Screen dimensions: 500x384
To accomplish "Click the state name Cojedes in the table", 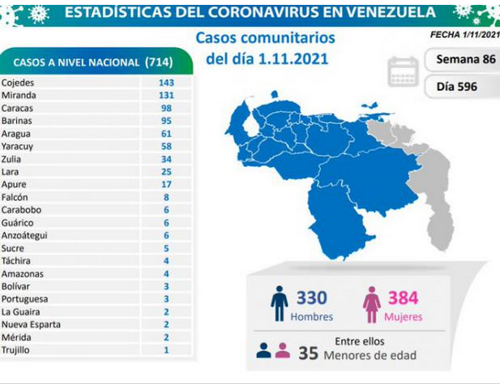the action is pos(18,83).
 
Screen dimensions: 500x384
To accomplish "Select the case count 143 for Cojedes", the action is pos(166,83).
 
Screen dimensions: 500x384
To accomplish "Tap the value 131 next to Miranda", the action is pos(166,96).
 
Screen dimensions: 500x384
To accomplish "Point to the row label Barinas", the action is pos(16,121).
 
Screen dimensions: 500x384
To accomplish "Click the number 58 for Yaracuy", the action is pos(166,147).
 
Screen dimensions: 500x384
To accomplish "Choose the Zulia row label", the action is pos(11,159).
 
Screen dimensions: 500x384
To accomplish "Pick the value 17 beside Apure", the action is pos(166,184).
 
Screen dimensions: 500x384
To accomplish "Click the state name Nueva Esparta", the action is pos(31,324).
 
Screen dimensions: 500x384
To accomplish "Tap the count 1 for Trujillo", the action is pos(166,350).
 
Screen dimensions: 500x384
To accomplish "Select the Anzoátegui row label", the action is pos(24,235).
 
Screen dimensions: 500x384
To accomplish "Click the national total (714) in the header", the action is pos(159,62).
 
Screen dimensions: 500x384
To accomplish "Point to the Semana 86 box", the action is pos(466,59).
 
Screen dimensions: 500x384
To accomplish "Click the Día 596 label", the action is pos(456,87).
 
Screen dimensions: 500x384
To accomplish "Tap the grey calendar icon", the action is pos(403,71).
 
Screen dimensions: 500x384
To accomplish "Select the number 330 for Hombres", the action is pos(311,297).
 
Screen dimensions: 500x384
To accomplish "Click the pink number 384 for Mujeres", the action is pos(403,297).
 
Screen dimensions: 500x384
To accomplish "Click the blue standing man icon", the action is pos(280,303).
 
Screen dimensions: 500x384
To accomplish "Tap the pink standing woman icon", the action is pos(371,305).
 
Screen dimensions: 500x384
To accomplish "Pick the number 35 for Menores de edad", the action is pos(308,353).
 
